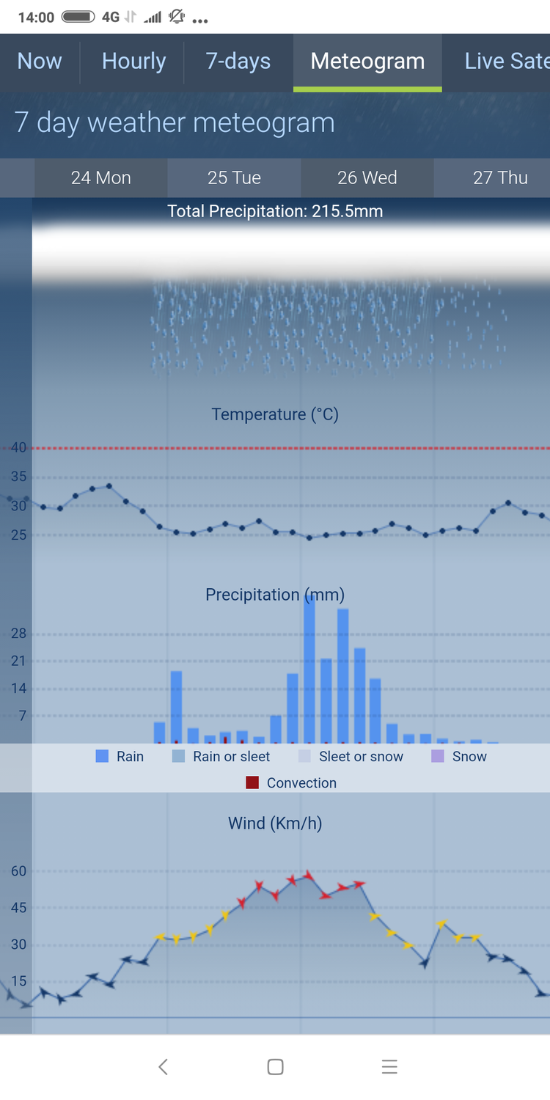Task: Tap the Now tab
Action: [x=40, y=62]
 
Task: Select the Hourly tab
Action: [x=133, y=62]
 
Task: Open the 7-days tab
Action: [x=238, y=62]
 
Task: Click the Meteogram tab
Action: [x=367, y=62]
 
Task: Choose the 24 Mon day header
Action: [x=101, y=178]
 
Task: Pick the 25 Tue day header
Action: [x=234, y=178]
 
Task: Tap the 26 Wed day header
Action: [x=367, y=178]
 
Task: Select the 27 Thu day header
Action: [x=500, y=178]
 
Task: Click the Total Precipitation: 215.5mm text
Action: [x=275, y=212]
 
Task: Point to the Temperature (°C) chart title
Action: [x=275, y=415]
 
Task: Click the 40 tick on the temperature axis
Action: [x=18, y=448]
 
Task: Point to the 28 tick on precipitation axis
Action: [x=18, y=634]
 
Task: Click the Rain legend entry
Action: [x=120, y=757]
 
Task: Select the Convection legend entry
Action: [x=292, y=783]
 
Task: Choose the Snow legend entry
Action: [x=459, y=757]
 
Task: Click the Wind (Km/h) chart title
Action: [x=275, y=824]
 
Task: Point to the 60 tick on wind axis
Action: [x=18, y=871]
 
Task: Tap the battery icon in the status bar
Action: [x=78, y=17]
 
